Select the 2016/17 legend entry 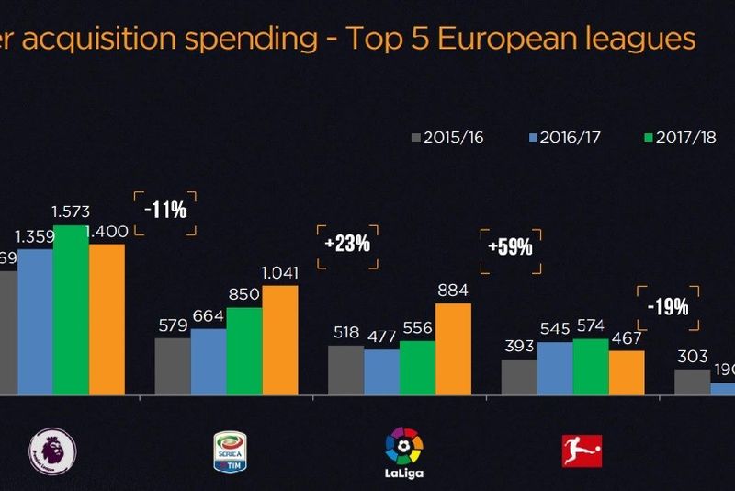(x=561, y=138)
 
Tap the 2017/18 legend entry (x=679, y=138)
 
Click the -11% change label (x=165, y=209)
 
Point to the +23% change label (x=347, y=244)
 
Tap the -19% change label (x=667, y=307)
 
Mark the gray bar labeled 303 (x=693, y=382)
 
